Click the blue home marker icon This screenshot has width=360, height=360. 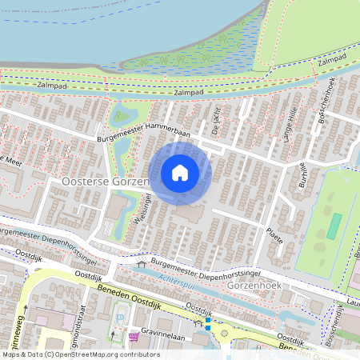[x=180, y=172]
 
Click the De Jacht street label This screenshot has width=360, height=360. [x=216, y=119]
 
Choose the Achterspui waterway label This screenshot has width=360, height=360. [x=179, y=279]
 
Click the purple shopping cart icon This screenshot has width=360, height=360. [x=133, y=337]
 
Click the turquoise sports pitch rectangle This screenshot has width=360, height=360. [x=334, y=226]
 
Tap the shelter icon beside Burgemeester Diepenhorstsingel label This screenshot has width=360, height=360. [x=142, y=263]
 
